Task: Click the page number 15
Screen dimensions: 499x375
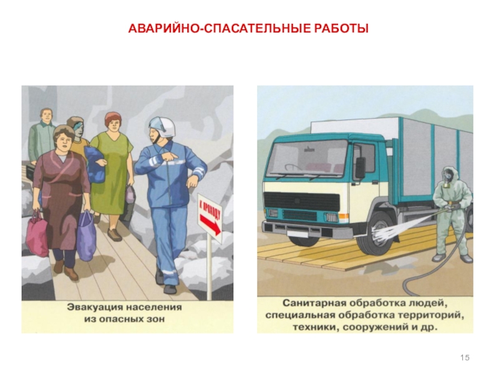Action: (465, 357)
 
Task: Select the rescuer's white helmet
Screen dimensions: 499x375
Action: (163, 127)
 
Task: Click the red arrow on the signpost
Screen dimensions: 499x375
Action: (210, 224)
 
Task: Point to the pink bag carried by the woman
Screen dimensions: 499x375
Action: (37, 232)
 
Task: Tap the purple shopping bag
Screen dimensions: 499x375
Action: (87, 236)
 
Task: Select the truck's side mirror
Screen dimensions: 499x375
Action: (361, 167)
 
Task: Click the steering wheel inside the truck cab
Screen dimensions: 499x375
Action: (293, 167)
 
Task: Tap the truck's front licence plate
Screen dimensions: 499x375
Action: (298, 233)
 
